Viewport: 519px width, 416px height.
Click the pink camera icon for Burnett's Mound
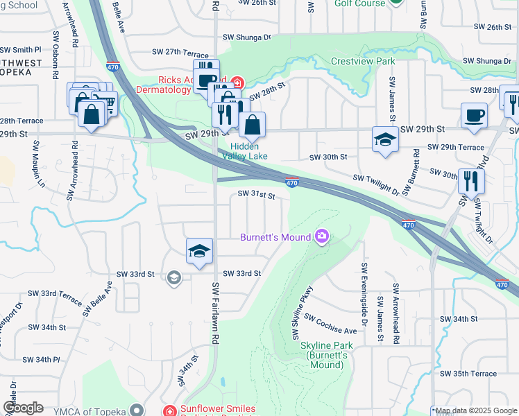pos(321,237)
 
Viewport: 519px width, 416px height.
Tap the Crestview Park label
pos(363,61)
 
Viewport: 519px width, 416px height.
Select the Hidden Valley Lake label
pos(244,151)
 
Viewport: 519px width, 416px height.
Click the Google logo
pos(22,408)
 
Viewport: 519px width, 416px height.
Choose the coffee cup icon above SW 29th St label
pos(474,115)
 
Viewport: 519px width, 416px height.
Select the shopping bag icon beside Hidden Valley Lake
pos(253,125)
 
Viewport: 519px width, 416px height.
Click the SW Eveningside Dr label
pos(363,294)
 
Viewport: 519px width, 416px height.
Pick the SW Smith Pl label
pos(21,50)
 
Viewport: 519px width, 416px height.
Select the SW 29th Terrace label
pos(456,147)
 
